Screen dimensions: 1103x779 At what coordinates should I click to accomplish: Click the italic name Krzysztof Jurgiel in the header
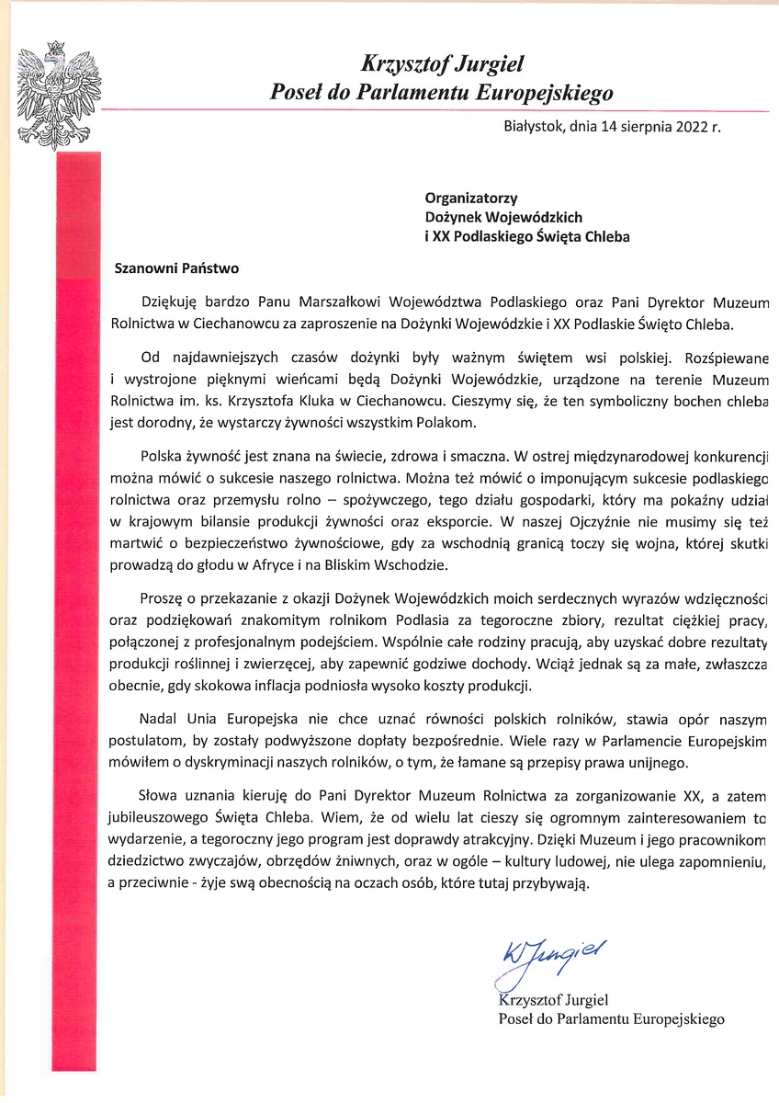[442, 65]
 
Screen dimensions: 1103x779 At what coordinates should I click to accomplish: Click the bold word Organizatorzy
[471, 198]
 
